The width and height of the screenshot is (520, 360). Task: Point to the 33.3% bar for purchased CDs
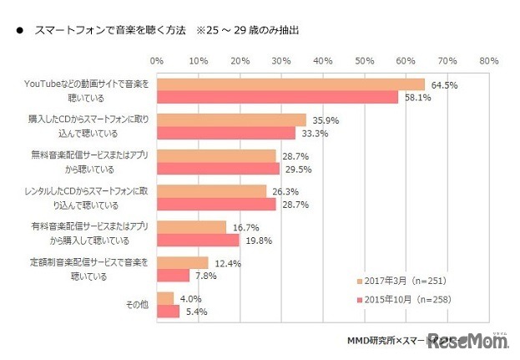pyautogui.click(x=225, y=133)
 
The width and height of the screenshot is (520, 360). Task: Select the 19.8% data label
pyautogui.click(x=255, y=241)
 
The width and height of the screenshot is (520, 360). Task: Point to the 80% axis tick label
pyautogui.click(x=489, y=60)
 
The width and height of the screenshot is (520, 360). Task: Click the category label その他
pyautogui.click(x=137, y=305)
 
